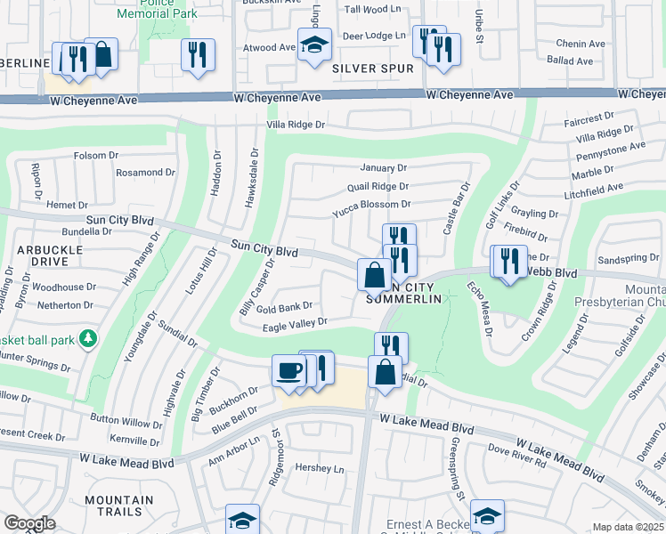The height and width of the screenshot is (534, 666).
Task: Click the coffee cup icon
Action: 289,370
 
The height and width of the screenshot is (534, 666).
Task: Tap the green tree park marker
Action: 87,338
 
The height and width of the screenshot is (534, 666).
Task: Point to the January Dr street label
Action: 383,167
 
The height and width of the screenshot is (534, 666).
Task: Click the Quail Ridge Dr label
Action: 378,187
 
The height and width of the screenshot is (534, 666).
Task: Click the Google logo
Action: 29,523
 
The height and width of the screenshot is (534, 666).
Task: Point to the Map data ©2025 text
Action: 628,527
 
